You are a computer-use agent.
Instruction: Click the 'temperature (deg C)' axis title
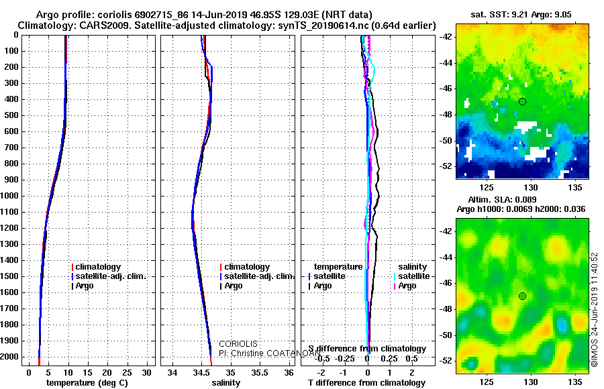87,383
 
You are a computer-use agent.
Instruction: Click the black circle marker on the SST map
522,101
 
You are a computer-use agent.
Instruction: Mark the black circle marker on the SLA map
522,296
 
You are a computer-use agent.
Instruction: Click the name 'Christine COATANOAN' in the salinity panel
258,352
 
